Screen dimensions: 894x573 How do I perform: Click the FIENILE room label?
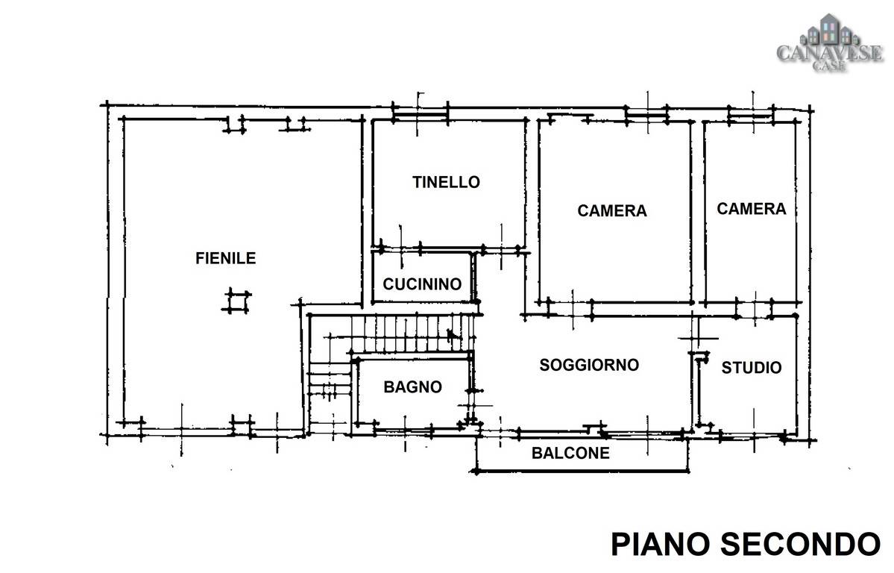click(x=225, y=259)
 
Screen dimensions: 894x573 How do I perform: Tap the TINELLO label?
click(x=446, y=182)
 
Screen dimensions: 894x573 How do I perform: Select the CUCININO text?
click(x=422, y=284)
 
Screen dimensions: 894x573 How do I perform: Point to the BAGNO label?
click(x=412, y=387)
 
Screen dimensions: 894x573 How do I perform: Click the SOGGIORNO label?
click(x=589, y=365)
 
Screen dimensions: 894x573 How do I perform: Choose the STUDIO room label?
click(x=751, y=368)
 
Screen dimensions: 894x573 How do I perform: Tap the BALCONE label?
click(x=570, y=453)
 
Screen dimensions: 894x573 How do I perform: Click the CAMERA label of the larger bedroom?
click(x=611, y=210)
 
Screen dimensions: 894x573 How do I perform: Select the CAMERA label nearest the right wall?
click(x=751, y=209)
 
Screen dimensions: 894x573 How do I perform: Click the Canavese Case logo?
click(x=830, y=43)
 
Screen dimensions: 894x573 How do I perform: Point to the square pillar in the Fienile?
click(x=236, y=301)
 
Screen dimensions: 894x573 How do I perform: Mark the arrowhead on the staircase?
click(x=452, y=335)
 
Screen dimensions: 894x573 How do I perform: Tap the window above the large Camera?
click(x=646, y=115)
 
